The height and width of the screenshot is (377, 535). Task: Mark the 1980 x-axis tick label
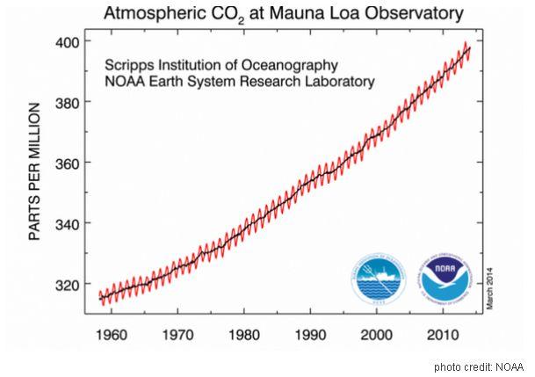point(245,335)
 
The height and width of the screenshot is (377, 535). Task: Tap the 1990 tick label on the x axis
point(311,335)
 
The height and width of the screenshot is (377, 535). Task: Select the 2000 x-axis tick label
point(377,335)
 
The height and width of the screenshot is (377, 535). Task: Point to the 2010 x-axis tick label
point(443,335)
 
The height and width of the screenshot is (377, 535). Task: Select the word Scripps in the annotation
point(130,66)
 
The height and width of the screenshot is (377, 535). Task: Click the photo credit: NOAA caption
point(479,366)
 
